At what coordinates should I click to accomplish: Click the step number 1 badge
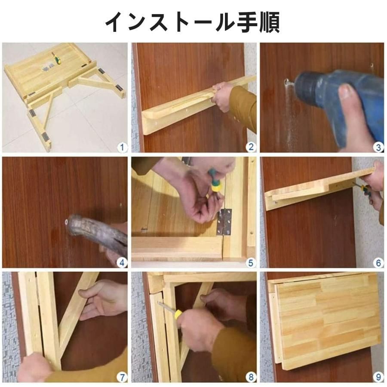[x=123, y=147]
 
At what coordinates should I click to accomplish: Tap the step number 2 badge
[x=251, y=147]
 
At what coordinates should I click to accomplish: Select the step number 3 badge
[x=378, y=147]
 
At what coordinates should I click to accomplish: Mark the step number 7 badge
[x=123, y=377]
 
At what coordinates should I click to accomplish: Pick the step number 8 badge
[x=251, y=377]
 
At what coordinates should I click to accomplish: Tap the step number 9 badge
[x=378, y=377]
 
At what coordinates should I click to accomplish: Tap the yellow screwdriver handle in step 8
[x=178, y=314]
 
